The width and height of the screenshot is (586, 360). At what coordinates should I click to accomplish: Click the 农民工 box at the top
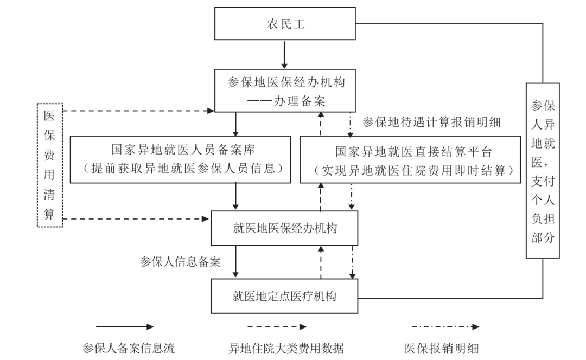click(x=285, y=24)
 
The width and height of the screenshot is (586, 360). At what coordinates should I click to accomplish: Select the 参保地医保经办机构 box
click(x=285, y=91)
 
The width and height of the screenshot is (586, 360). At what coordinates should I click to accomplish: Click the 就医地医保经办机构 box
click(x=285, y=228)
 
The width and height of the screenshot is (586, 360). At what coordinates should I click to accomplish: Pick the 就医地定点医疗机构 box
click(x=285, y=296)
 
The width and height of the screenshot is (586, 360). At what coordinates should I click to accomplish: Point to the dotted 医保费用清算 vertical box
click(x=50, y=165)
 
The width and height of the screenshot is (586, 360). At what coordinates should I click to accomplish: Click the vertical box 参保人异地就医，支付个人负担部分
click(x=543, y=170)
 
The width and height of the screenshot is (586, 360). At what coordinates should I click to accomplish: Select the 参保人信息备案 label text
click(x=180, y=262)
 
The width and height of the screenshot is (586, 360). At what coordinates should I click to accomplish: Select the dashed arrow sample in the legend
click(x=277, y=327)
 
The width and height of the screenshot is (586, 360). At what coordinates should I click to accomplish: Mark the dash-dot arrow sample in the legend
click(x=445, y=327)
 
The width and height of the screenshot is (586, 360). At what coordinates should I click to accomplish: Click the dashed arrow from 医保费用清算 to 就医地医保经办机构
click(x=136, y=219)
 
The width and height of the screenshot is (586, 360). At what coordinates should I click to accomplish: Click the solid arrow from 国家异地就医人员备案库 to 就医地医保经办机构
click(x=235, y=196)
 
